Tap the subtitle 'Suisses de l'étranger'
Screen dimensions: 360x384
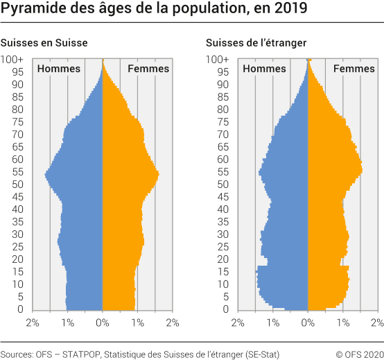[x=256, y=43]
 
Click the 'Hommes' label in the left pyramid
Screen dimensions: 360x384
[x=58, y=69]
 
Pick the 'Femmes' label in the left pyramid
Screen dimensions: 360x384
[x=148, y=69]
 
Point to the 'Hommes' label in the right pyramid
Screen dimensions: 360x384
[x=264, y=69]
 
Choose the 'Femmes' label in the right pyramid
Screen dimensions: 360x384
[x=354, y=69]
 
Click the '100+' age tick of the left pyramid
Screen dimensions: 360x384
[x=12, y=60]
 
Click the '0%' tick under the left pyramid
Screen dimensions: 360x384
[x=102, y=323]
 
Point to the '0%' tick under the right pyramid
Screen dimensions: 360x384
[x=308, y=323]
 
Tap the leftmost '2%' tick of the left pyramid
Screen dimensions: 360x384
[x=32, y=323]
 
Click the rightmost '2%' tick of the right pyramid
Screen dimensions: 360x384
[x=376, y=323]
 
